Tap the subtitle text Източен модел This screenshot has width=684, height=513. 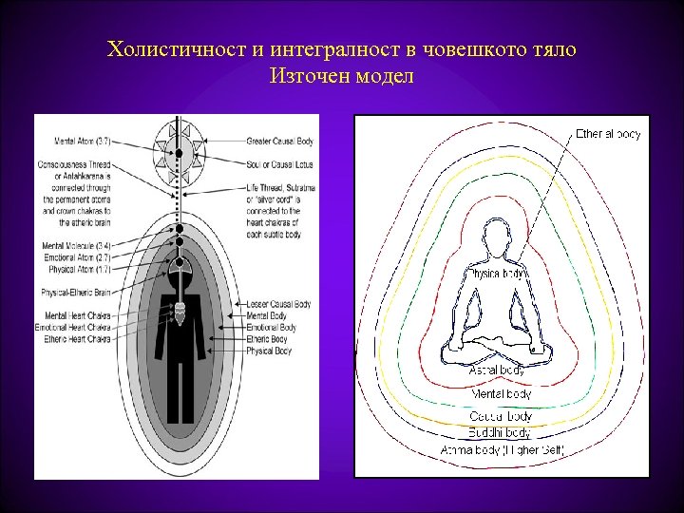click(342, 76)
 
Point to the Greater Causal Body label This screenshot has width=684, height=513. click(280, 142)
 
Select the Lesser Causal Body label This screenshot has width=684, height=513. click(277, 303)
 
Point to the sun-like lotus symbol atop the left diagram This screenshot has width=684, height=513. click(179, 152)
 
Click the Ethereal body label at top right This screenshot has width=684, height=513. click(608, 134)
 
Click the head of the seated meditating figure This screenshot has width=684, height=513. click(498, 235)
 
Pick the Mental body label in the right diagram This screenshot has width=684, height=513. click(501, 393)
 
